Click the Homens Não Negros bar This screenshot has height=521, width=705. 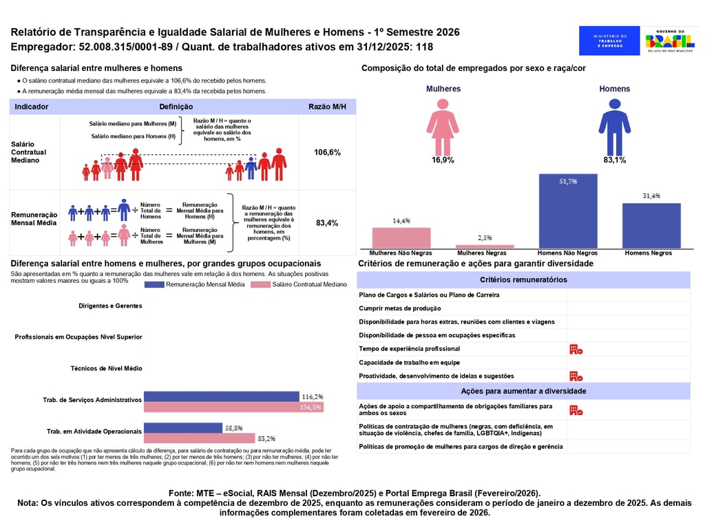568,211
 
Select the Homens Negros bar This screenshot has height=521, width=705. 651,225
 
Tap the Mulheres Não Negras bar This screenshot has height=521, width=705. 401,237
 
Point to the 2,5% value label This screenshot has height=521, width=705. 485,237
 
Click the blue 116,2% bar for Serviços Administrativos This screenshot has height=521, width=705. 222,396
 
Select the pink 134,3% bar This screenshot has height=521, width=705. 222,407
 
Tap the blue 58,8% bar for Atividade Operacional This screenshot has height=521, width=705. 184,427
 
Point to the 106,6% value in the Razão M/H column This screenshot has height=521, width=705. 327,152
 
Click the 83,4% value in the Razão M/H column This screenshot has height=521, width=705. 327,223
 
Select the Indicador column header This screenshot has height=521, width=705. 32,107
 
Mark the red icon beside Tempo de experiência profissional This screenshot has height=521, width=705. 576,349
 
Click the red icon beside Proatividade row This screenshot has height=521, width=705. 576,376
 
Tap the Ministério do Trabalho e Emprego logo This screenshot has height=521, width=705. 609,41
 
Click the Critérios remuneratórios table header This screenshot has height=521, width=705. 523,280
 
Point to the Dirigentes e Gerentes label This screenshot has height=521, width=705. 110,306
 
